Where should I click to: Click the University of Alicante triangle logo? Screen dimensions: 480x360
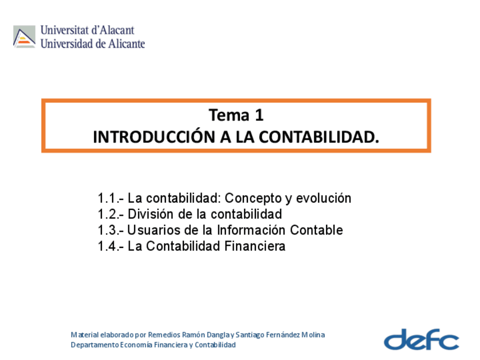(x=24, y=37)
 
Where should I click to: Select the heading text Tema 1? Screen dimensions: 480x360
(x=236, y=115)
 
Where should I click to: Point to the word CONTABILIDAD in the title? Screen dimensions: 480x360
(x=318, y=137)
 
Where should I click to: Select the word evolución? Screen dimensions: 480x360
(x=324, y=198)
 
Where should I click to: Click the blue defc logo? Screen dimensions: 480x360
(x=422, y=339)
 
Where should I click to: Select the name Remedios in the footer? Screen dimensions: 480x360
(x=164, y=335)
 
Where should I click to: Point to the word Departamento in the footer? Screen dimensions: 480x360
(x=95, y=345)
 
